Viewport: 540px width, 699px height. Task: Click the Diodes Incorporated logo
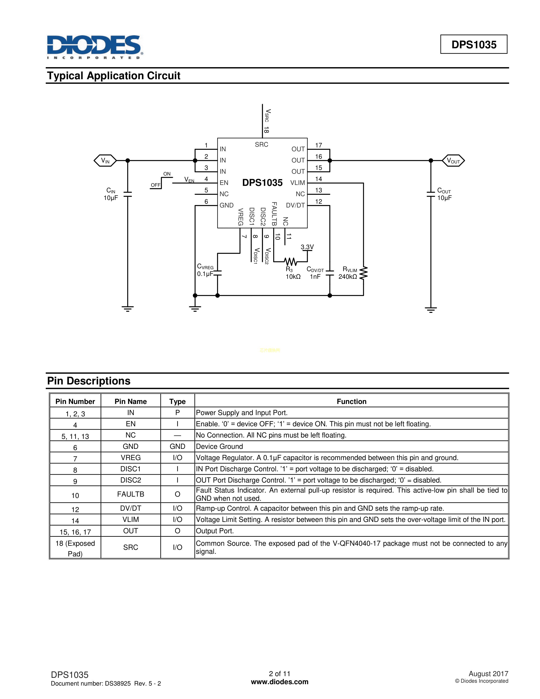(95, 47)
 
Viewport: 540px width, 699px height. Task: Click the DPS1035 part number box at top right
(474, 44)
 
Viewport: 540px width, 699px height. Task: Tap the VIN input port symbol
(105, 160)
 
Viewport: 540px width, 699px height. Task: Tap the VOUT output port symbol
(453, 160)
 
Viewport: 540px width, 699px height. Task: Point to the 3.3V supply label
(307, 247)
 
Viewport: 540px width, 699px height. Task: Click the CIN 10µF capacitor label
(111, 194)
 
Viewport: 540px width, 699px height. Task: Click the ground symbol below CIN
(128, 309)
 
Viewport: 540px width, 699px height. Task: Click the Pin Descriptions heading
(89, 381)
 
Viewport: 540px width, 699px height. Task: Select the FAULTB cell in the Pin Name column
(130, 494)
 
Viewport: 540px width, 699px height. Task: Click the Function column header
(351, 401)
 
